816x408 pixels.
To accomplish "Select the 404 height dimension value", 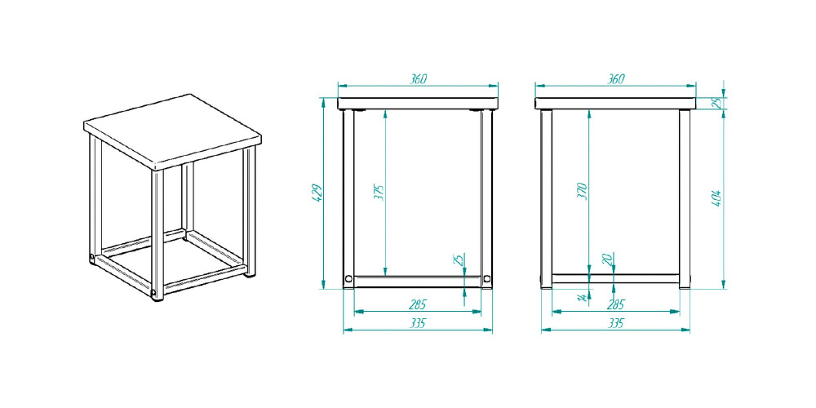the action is (716, 198).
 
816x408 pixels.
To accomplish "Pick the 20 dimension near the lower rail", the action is (607, 259).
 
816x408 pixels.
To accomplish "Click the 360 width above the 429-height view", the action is (418, 79).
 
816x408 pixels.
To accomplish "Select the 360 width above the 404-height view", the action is (615, 79).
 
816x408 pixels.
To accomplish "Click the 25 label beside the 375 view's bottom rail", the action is (459, 259).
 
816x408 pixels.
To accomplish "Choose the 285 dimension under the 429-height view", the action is (417, 304).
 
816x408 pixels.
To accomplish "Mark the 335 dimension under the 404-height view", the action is (615, 323).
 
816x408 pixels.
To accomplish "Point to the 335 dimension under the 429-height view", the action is (417, 323).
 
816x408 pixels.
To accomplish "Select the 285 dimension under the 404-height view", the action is (615, 304).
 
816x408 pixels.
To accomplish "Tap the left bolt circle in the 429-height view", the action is (348, 279).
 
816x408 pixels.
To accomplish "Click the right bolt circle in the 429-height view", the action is (486, 279).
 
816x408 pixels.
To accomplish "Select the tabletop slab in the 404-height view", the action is (615, 103).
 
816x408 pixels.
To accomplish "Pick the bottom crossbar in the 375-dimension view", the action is (417, 282).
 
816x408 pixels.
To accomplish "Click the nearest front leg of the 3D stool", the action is (157, 235).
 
